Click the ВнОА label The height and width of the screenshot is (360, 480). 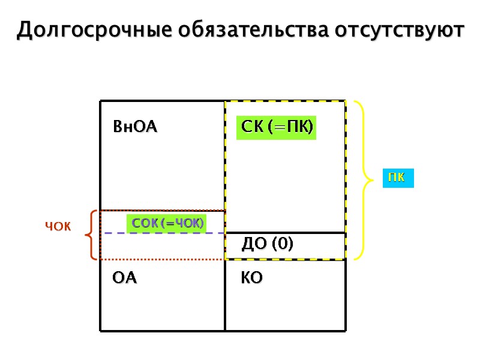point(135,127)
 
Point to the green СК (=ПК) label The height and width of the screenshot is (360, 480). point(276,128)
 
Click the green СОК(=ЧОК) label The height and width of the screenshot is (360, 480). point(168,224)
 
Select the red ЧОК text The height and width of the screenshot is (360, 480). point(58,227)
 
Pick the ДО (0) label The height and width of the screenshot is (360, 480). point(266,244)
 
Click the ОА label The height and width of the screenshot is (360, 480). point(125,278)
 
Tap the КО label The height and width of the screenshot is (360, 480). point(251,278)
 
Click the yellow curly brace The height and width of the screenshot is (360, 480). point(361,179)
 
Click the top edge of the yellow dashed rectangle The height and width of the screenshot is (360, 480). point(286,101)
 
